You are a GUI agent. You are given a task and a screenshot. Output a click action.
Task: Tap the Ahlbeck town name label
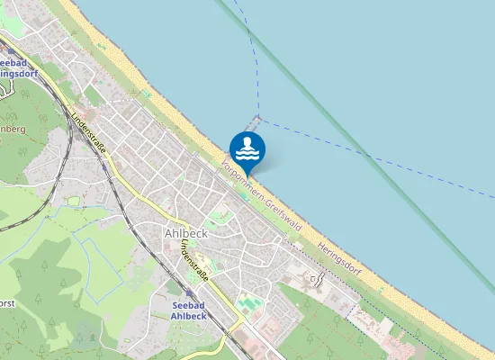pos(186,232)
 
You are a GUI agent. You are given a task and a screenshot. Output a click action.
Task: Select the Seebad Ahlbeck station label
pos(191,310)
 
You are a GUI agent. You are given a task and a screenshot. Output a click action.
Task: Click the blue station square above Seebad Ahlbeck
pos(189,294)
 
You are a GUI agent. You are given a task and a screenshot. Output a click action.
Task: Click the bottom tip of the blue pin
pos(247,173)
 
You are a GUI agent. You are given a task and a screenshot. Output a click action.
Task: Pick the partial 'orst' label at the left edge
pos(7,302)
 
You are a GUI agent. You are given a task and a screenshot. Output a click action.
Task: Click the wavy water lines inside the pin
pos(247,154)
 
